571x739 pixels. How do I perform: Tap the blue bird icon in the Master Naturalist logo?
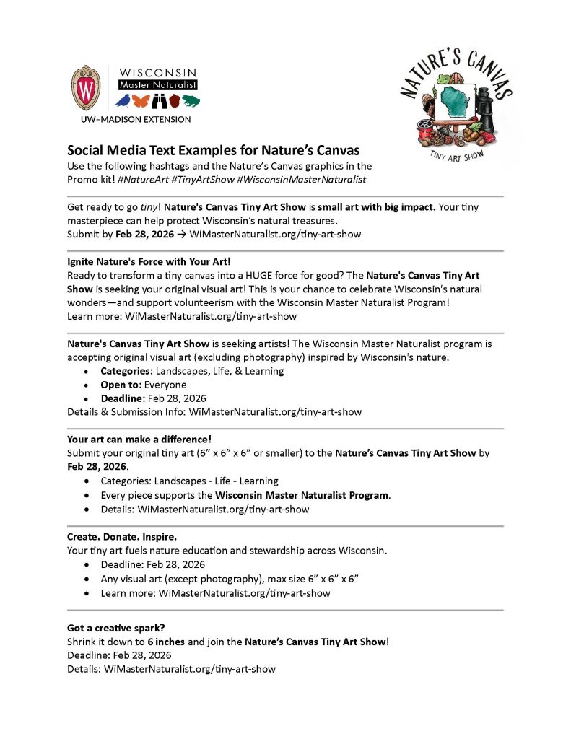(123, 100)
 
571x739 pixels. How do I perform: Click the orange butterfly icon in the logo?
(142, 100)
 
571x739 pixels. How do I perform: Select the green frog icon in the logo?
(191, 100)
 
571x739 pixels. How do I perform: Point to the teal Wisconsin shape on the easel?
(454, 105)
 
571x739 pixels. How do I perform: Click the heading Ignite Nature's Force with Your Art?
(141, 261)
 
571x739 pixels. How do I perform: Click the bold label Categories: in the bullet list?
(127, 371)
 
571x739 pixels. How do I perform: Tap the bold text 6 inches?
(167, 642)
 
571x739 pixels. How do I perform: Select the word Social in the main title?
(86, 151)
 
